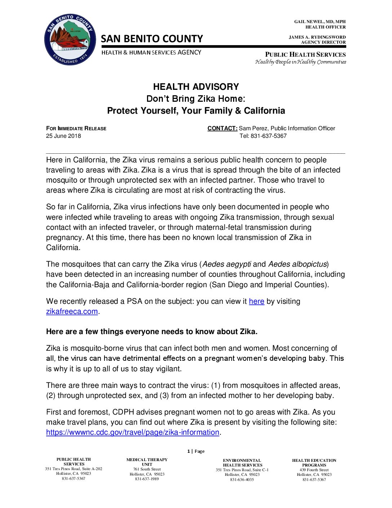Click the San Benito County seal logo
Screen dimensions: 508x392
tap(70, 40)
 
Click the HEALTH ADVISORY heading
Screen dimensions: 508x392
tap(196, 87)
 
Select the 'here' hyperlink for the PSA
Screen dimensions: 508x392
tap(257, 301)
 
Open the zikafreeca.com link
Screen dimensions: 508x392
tap(72, 311)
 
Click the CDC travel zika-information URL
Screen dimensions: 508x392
tap(133, 432)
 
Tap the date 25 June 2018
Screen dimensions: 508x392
tap(63, 136)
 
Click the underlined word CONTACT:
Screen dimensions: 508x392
tap(222, 128)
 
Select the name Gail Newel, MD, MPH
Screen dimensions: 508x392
tap(320, 22)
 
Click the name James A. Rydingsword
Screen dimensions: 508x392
tap(317, 37)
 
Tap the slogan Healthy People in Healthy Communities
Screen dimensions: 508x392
tap(301, 62)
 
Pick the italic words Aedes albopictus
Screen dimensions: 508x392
tap(297, 264)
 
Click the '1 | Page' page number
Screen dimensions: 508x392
tap(196, 451)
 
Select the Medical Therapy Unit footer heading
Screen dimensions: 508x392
tap(147, 462)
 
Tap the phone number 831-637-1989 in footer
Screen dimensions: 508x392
tap(147, 479)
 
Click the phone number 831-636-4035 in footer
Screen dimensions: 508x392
tap(242, 479)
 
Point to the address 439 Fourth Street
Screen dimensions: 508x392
tap(314, 470)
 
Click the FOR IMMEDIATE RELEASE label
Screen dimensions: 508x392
tap(76, 128)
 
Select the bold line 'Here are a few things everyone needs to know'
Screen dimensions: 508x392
tap(152, 332)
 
